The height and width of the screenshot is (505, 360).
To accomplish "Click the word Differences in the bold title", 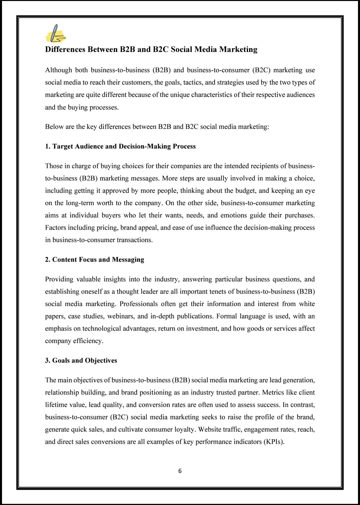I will [65, 50].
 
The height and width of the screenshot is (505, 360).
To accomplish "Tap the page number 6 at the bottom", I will [180, 471].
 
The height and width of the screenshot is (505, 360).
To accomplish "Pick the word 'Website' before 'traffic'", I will [210, 429].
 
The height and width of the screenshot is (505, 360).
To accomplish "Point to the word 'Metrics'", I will [274, 392].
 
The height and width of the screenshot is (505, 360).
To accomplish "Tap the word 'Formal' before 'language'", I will [227, 316].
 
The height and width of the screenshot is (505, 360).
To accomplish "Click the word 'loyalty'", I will [184, 429].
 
